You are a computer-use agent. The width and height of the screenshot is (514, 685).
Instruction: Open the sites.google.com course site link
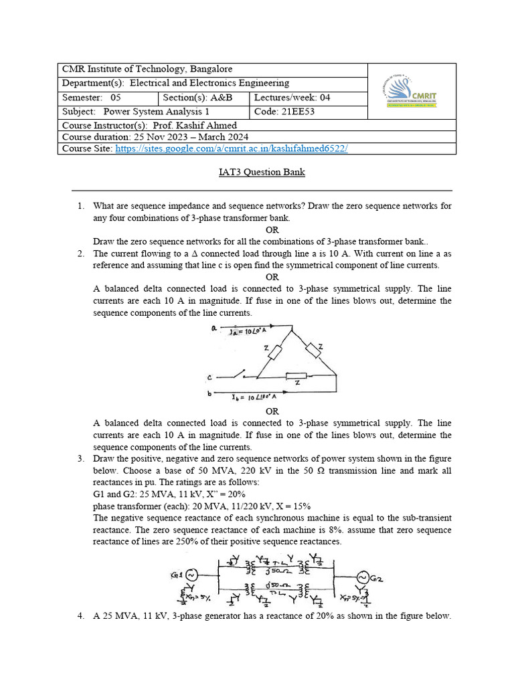(232, 149)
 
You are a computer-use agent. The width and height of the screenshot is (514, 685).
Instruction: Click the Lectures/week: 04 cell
(292, 98)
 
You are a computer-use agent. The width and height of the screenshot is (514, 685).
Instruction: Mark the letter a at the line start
(213, 328)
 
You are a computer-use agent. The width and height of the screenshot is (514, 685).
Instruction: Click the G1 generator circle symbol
(191, 575)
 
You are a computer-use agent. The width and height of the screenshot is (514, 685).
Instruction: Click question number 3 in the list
(80, 458)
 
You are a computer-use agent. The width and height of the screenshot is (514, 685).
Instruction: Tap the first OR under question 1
(272, 229)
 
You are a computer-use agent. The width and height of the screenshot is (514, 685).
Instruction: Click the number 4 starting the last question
(80, 616)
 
